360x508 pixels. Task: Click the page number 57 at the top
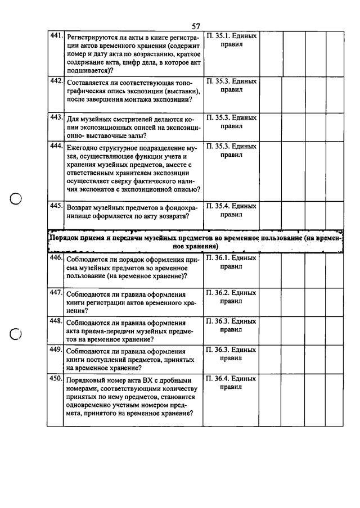[196, 26]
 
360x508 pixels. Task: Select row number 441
[55, 36]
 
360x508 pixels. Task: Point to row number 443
[55, 118]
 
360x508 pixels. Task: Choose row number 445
[55, 206]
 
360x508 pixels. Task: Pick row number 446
[55, 258]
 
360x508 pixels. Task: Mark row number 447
[55, 293]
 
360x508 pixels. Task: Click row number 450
[55, 379]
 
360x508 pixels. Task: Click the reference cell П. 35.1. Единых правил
[231, 40]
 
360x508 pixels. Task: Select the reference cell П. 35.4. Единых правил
[231, 210]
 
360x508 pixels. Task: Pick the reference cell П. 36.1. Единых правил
[231, 262]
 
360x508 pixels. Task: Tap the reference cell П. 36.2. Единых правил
[231, 297]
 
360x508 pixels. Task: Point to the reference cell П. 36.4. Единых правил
[231, 383]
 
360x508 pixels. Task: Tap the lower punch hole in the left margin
[16, 334]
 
